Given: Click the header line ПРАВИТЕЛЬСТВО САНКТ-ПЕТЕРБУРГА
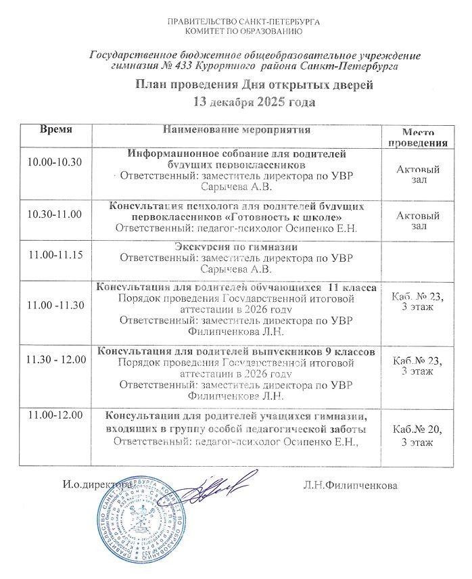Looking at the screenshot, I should tap(243, 22).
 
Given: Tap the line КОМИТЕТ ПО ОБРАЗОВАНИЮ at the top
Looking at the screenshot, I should tap(243, 31).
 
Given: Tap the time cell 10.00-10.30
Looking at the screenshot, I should tap(53, 163).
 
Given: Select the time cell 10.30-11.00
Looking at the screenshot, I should tap(53, 214).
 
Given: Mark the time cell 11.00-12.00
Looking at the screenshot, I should tap(53, 414).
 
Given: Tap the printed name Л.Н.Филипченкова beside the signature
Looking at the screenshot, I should tap(351, 485).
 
